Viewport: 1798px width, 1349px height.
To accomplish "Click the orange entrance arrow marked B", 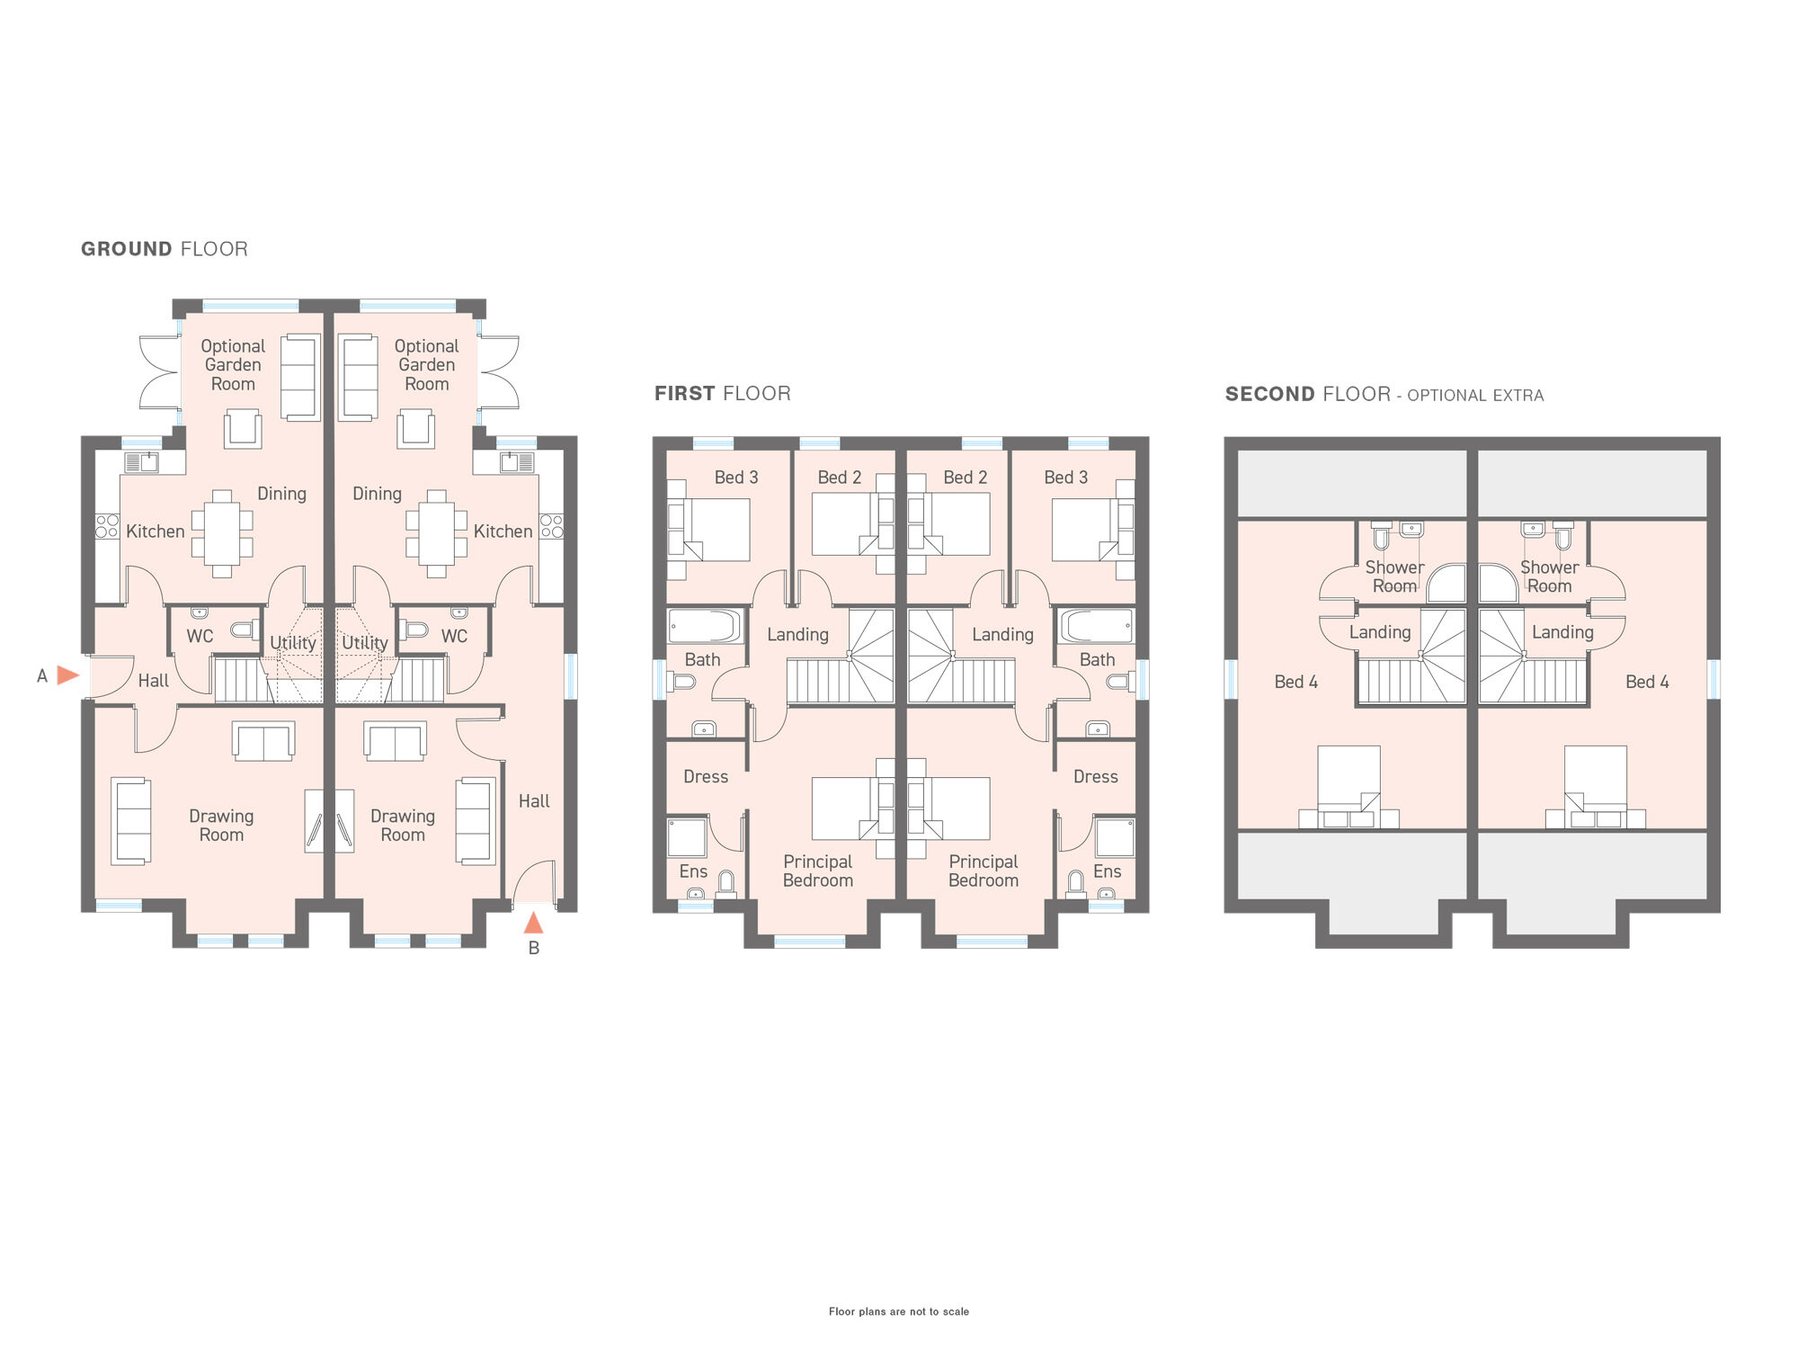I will [533, 923].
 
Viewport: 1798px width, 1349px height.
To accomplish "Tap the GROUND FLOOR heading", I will [165, 249].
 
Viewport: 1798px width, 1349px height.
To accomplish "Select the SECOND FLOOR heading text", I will [1307, 394].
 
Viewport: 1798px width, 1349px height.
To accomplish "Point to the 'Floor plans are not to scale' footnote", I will [899, 1311].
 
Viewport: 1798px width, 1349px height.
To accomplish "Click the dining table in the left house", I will [222, 533].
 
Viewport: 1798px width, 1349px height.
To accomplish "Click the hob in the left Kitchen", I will [107, 526].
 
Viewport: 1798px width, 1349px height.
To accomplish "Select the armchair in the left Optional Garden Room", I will [243, 428].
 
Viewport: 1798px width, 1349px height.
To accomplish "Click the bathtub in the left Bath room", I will [705, 626].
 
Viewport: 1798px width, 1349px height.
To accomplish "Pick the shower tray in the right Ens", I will [1115, 837].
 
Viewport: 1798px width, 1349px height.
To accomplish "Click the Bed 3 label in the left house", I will [736, 478].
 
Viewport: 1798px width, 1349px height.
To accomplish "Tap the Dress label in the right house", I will [1095, 776].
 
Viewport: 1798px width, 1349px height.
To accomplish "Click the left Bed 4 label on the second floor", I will [1295, 682].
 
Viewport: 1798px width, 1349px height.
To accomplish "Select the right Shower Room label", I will [1549, 576].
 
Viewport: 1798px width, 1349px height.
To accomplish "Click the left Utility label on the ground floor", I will [293, 643].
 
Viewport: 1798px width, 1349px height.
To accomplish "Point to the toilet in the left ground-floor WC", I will [244, 630].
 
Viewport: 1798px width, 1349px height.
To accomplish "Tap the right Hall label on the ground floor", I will [534, 800].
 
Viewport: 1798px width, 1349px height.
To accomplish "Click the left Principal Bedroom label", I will [818, 871].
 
